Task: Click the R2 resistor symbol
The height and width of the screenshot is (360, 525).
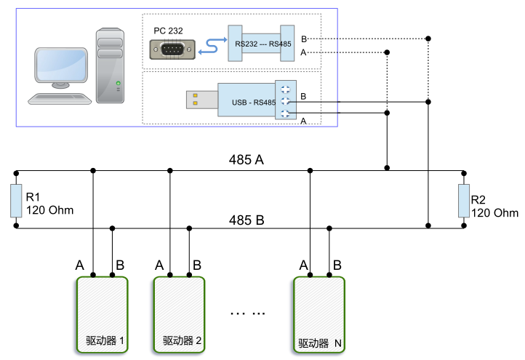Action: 463,201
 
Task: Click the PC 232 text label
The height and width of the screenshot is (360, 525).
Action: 168,31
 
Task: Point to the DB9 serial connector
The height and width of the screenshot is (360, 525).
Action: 172,49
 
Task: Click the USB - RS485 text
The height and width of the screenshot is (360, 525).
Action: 254,103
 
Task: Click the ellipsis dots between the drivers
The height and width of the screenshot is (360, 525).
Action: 247,313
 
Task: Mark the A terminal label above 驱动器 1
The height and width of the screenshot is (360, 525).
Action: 79,266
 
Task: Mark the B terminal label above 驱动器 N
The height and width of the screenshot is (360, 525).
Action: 337,266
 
